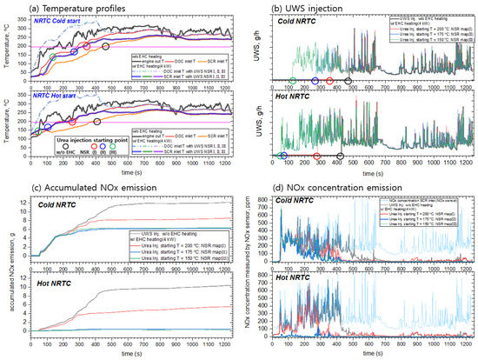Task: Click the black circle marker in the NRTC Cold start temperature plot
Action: click(106, 46)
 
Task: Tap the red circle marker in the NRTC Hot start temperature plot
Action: click(72, 122)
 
